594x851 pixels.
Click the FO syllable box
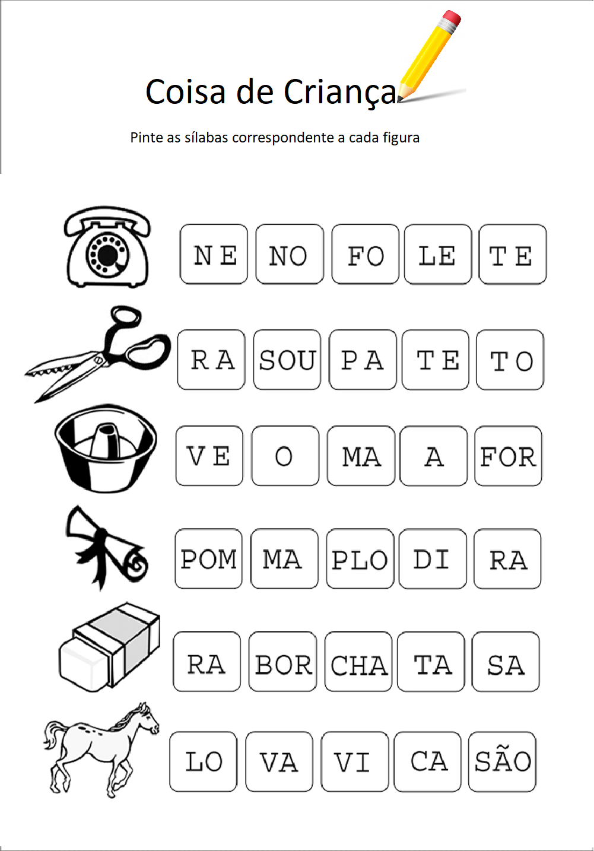point(365,255)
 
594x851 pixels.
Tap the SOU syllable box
point(287,360)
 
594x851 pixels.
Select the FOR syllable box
point(508,456)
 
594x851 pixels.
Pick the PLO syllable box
point(360,559)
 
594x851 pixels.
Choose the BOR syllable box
point(282,662)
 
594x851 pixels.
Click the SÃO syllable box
point(502,762)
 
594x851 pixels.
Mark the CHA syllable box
point(358,662)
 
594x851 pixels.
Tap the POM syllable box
point(208,559)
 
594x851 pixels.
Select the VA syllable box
point(279,762)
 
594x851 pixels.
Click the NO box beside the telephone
point(290,255)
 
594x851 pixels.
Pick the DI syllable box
point(432,559)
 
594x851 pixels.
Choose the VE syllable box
point(209,456)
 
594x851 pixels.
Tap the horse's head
point(145,718)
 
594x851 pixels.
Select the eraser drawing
point(110,647)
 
